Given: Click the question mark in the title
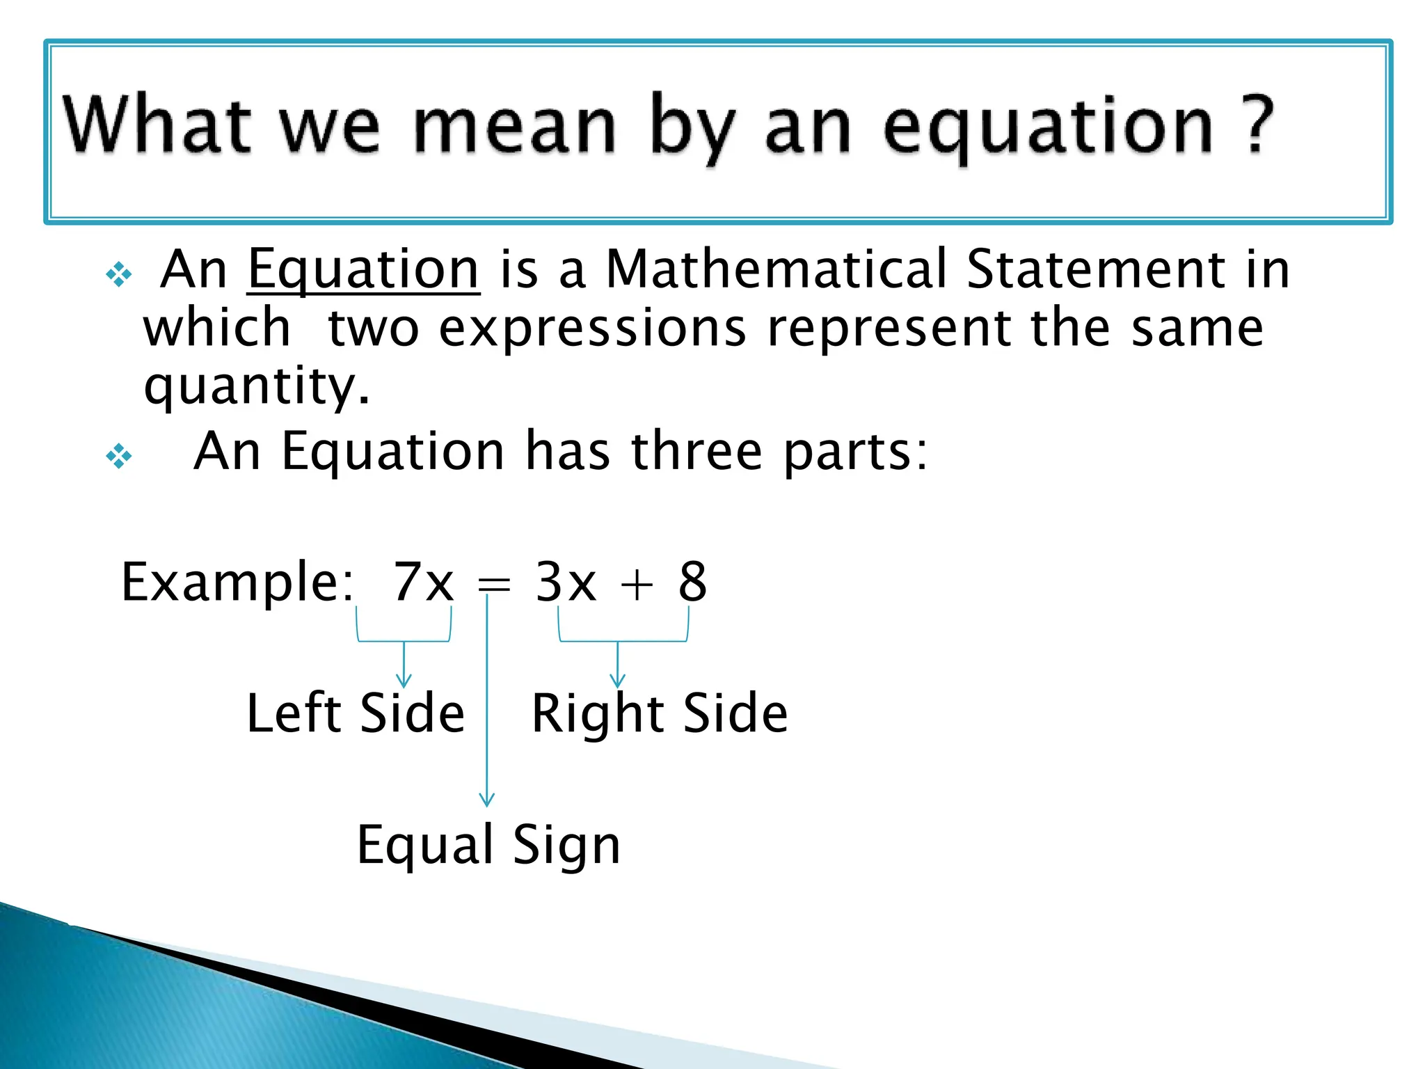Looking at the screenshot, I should click(x=1258, y=126).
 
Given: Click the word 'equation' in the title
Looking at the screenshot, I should click(x=1047, y=129).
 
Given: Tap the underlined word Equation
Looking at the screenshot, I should click(x=363, y=270).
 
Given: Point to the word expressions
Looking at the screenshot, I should click(x=593, y=330).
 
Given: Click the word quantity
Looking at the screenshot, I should click(x=255, y=387).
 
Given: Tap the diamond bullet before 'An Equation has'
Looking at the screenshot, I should click(x=119, y=457).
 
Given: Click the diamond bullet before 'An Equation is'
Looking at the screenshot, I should click(x=119, y=275).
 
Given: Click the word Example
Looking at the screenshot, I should click(x=237, y=583).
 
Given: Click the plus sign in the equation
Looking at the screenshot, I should click(x=637, y=584).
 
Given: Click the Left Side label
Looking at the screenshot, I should click(x=355, y=713).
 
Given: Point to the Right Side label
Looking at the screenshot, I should click(x=659, y=714).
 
